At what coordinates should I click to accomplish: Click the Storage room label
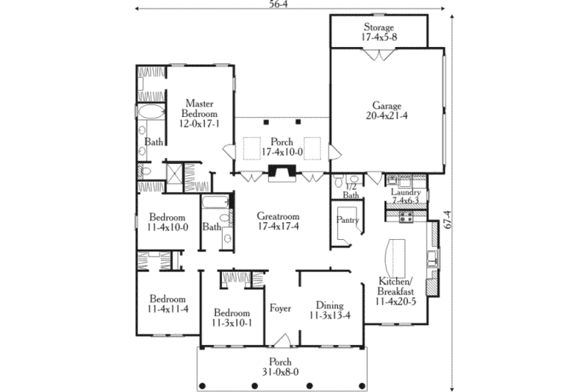click(x=379, y=28)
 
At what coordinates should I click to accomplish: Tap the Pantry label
click(x=346, y=219)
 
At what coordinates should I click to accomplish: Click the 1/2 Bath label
click(x=351, y=191)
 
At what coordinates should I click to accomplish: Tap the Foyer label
click(x=280, y=307)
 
